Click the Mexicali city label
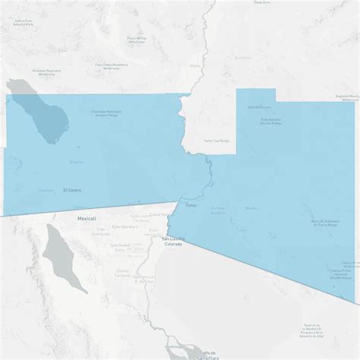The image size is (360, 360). [87, 218]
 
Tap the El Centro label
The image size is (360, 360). [73, 190]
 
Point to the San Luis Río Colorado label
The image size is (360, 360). [173, 242]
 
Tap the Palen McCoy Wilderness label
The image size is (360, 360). [137, 39]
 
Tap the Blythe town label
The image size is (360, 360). [194, 65]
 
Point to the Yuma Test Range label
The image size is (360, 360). [217, 141]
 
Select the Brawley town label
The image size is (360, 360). [77, 162]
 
